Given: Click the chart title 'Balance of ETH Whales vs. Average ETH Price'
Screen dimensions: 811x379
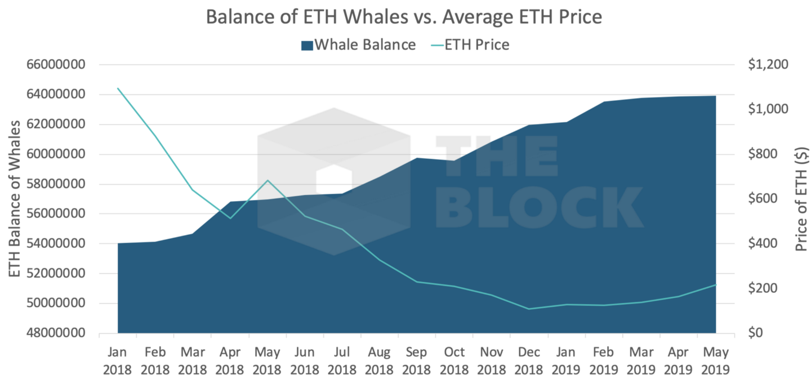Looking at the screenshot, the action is (x=404, y=17).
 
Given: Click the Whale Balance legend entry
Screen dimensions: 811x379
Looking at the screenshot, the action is (x=358, y=45).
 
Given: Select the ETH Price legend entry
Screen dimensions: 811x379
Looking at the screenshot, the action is (x=470, y=45).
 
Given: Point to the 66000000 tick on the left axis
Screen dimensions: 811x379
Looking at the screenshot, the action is (x=56, y=64).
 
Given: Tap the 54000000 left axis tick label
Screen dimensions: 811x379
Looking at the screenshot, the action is (x=56, y=243).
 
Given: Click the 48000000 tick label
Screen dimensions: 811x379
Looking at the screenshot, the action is (x=56, y=333).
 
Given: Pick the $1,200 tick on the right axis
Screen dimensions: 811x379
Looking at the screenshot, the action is (x=768, y=64).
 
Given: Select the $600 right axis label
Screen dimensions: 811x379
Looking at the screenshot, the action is (x=763, y=198).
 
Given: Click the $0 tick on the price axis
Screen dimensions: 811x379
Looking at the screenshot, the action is (x=755, y=333).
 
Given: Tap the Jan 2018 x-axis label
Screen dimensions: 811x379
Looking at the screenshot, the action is (x=117, y=361).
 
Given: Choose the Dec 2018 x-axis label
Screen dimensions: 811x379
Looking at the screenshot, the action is (x=529, y=361).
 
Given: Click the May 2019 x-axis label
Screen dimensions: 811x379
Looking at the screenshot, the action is (x=715, y=361).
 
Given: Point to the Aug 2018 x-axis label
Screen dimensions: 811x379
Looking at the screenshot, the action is (x=379, y=361).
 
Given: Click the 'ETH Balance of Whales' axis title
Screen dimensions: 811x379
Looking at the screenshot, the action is (x=14, y=199).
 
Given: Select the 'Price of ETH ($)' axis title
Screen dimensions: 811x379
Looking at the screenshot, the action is (x=801, y=199).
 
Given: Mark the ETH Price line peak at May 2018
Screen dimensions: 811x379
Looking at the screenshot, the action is (x=267, y=180).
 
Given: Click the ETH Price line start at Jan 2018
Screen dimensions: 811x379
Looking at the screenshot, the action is (x=118, y=88).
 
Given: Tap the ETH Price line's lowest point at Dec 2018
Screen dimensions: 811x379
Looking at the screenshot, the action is (x=529, y=309).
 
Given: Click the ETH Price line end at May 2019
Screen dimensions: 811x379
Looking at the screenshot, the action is (x=716, y=285).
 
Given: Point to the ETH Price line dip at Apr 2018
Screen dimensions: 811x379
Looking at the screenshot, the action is (x=230, y=219).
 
